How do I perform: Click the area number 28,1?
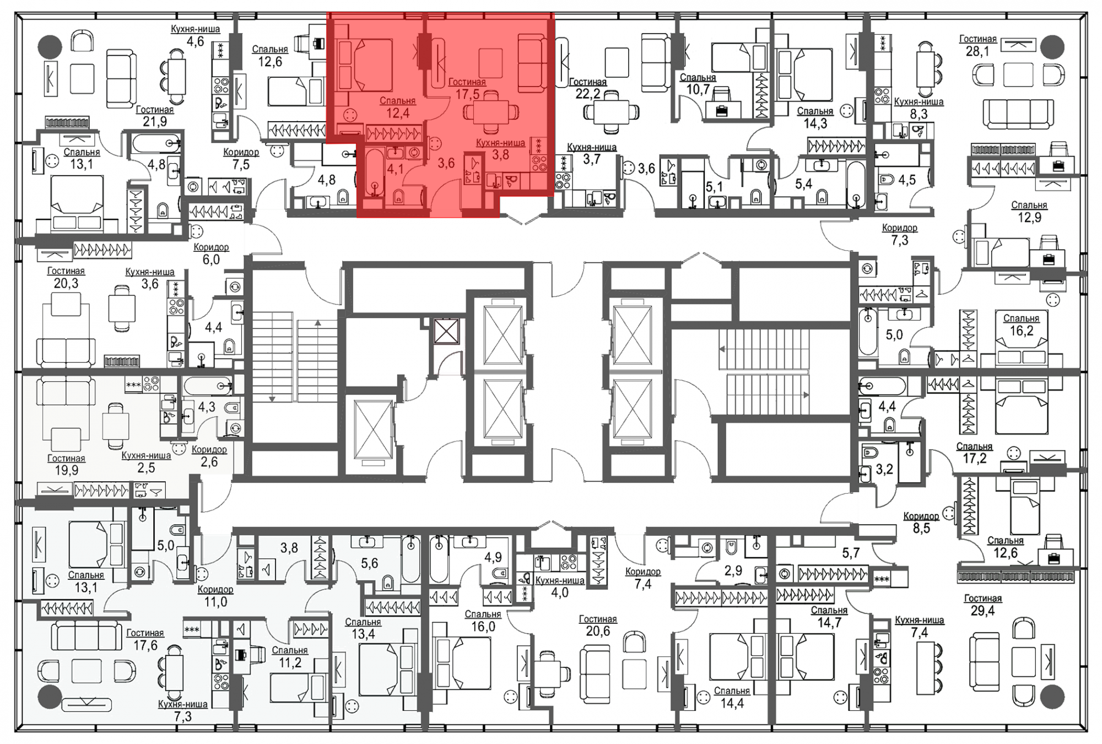coord(977,52)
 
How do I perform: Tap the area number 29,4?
coord(982,611)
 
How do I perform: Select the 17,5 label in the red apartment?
coord(467,94)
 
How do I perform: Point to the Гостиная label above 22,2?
coord(587,82)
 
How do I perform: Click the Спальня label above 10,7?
coord(698,78)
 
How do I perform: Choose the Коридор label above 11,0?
coord(215,589)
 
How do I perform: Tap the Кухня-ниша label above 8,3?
coord(919,102)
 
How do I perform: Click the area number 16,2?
coord(1021,331)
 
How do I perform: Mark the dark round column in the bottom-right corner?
coord(1052,697)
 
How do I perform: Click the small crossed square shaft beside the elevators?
coord(446,330)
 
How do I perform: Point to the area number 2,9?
coord(733,570)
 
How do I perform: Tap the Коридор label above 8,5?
coord(921,516)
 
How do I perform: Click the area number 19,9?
coord(66,470)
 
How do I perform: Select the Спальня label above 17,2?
coord(974,446)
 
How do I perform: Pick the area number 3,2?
coord(884,470)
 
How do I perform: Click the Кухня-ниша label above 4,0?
coord(560,580)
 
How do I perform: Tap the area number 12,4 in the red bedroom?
coord(397,114)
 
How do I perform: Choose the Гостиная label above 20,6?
coord(598,619)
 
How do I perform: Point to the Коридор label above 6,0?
coord(211,247)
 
